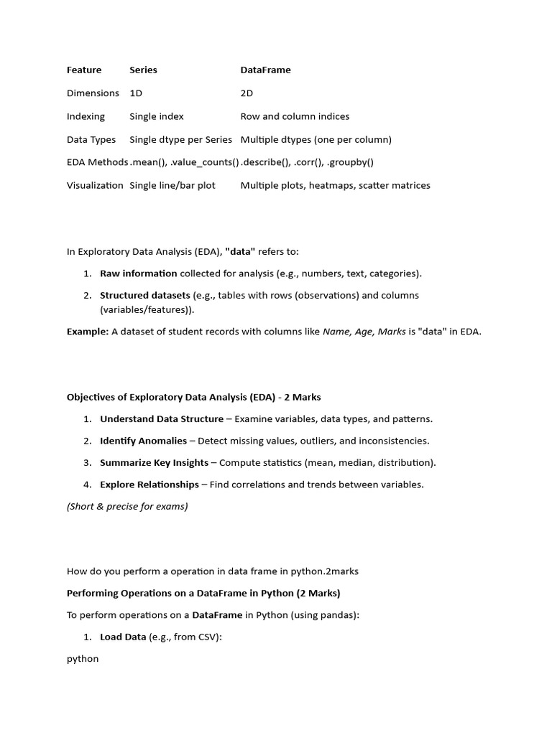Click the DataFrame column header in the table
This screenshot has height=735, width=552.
pos(265,70)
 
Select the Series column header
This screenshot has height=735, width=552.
pos(143,70)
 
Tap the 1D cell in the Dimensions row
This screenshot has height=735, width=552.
pos(136,93)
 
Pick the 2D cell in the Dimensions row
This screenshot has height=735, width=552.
pos(247,93)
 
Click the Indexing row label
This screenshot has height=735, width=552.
pos(86,116)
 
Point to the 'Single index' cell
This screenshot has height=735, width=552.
pos(156,116)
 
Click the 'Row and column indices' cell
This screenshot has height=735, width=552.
pos(295,116)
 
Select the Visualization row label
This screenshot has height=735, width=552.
pos(95,185)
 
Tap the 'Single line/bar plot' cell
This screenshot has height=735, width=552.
pos(172,185)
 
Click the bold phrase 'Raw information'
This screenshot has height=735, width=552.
pos(138,273)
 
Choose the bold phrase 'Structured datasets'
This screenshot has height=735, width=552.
pos(144,295)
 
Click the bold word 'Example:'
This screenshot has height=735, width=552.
pos(87,332)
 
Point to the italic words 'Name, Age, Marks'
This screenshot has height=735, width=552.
pos(364,332)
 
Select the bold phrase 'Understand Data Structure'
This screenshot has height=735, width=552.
pos(161,419)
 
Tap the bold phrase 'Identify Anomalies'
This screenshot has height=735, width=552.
pos(143,441)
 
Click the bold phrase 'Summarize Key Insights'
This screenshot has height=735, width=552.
pos(154,463)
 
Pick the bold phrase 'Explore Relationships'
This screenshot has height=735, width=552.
pos(149,484)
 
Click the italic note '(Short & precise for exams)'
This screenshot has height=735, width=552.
pos(127,506)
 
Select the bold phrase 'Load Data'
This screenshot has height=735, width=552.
pos(123,637)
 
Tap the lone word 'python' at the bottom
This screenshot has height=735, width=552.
pos(83,659)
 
